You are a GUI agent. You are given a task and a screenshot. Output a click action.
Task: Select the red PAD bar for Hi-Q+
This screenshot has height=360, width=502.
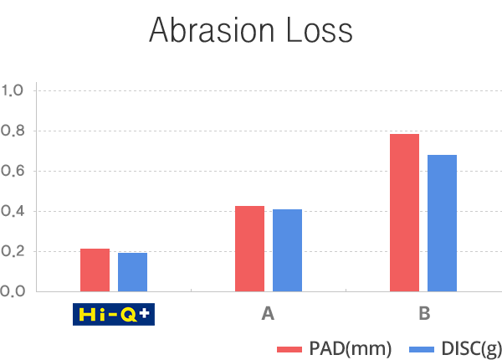pyautogui.click(x=95, y=270)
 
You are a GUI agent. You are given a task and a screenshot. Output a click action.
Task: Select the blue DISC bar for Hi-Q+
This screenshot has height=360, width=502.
pyautogui.click(x=132, y=272)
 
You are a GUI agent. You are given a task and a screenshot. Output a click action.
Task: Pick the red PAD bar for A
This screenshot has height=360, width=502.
pyautogui.click(x=249, y=249)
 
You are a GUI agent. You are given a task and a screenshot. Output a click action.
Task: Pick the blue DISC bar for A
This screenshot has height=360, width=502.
pyautogui.click(x=287, y=250)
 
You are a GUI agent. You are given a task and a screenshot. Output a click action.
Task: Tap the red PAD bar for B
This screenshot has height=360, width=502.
pyautogui.click(x=404, y=213)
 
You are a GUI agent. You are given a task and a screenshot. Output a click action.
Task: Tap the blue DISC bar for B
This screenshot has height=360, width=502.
pyautogui.click(x=442, y=223)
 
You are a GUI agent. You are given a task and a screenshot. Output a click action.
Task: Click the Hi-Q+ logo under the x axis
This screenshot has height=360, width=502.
pyautogui.click(x=114, y=314)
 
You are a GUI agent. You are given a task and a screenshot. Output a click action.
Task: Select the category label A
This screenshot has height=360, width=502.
pyautogui.click(x=268, y=314)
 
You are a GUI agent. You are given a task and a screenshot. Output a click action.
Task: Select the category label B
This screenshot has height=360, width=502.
pyautogui.click(x=424, y=314)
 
